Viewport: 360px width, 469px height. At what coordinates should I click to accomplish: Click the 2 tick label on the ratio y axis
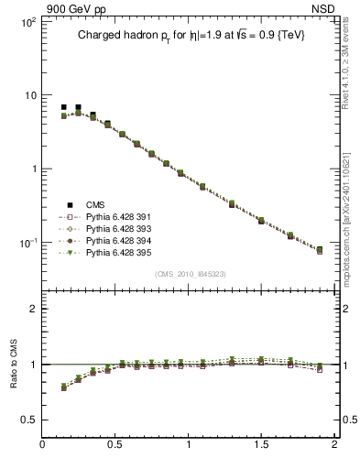click(32, 309)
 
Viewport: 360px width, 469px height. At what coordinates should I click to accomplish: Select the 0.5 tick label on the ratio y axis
click(27, 420)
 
